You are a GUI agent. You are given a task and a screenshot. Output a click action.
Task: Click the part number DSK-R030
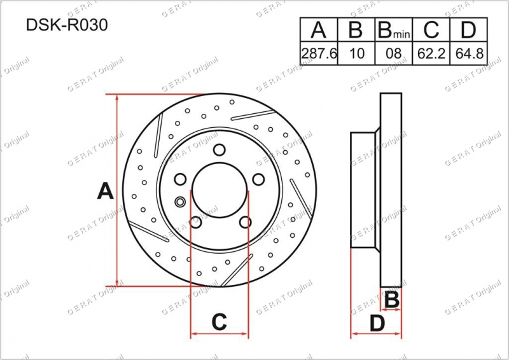coord(67,25)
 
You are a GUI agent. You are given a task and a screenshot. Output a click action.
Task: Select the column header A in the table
coord(318,29)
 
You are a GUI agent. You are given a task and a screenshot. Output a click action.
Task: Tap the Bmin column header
coord(394,30)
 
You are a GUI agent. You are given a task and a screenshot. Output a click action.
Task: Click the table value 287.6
coord(319,53)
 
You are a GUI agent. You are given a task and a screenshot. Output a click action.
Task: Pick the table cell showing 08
coord(394,53)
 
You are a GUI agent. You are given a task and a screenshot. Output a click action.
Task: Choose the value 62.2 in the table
coord(431,53)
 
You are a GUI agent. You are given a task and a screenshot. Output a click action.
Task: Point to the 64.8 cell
coord(470,53)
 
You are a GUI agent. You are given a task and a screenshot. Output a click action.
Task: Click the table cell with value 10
coord(357,53)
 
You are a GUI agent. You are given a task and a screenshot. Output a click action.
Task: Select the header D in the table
coord(468,29)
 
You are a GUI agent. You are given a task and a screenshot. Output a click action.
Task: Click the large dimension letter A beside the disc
coord(105,191)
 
